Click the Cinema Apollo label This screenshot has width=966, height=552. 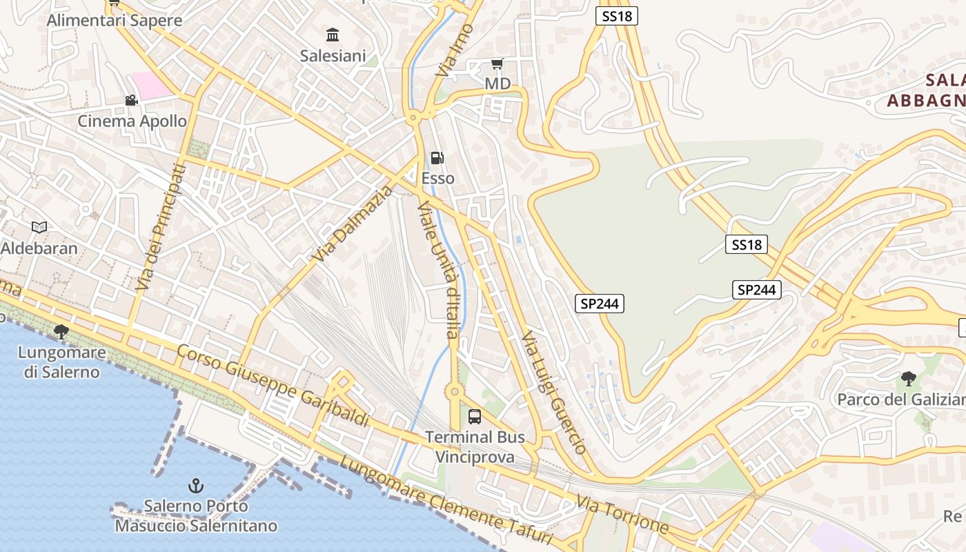point(132,121)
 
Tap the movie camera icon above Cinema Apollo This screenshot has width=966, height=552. point(131,101)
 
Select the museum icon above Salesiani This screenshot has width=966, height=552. point(333,34)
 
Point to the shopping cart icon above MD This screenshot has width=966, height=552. point(497,64)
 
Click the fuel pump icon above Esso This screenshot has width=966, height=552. point(437,158)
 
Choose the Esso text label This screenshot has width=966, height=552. point(438,178)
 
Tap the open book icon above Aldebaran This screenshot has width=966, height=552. point(39,227)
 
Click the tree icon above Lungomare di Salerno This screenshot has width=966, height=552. point(61,332)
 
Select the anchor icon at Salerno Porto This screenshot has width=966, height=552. point(196,486)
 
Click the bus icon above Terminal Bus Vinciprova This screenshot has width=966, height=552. point(475,416)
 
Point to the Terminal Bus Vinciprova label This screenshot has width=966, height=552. point(475,446)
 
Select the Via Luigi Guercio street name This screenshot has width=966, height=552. point(554,392)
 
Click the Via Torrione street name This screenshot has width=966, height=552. point(622,514)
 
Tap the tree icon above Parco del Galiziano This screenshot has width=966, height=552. point(908,378)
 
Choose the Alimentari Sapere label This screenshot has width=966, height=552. point(115,21)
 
